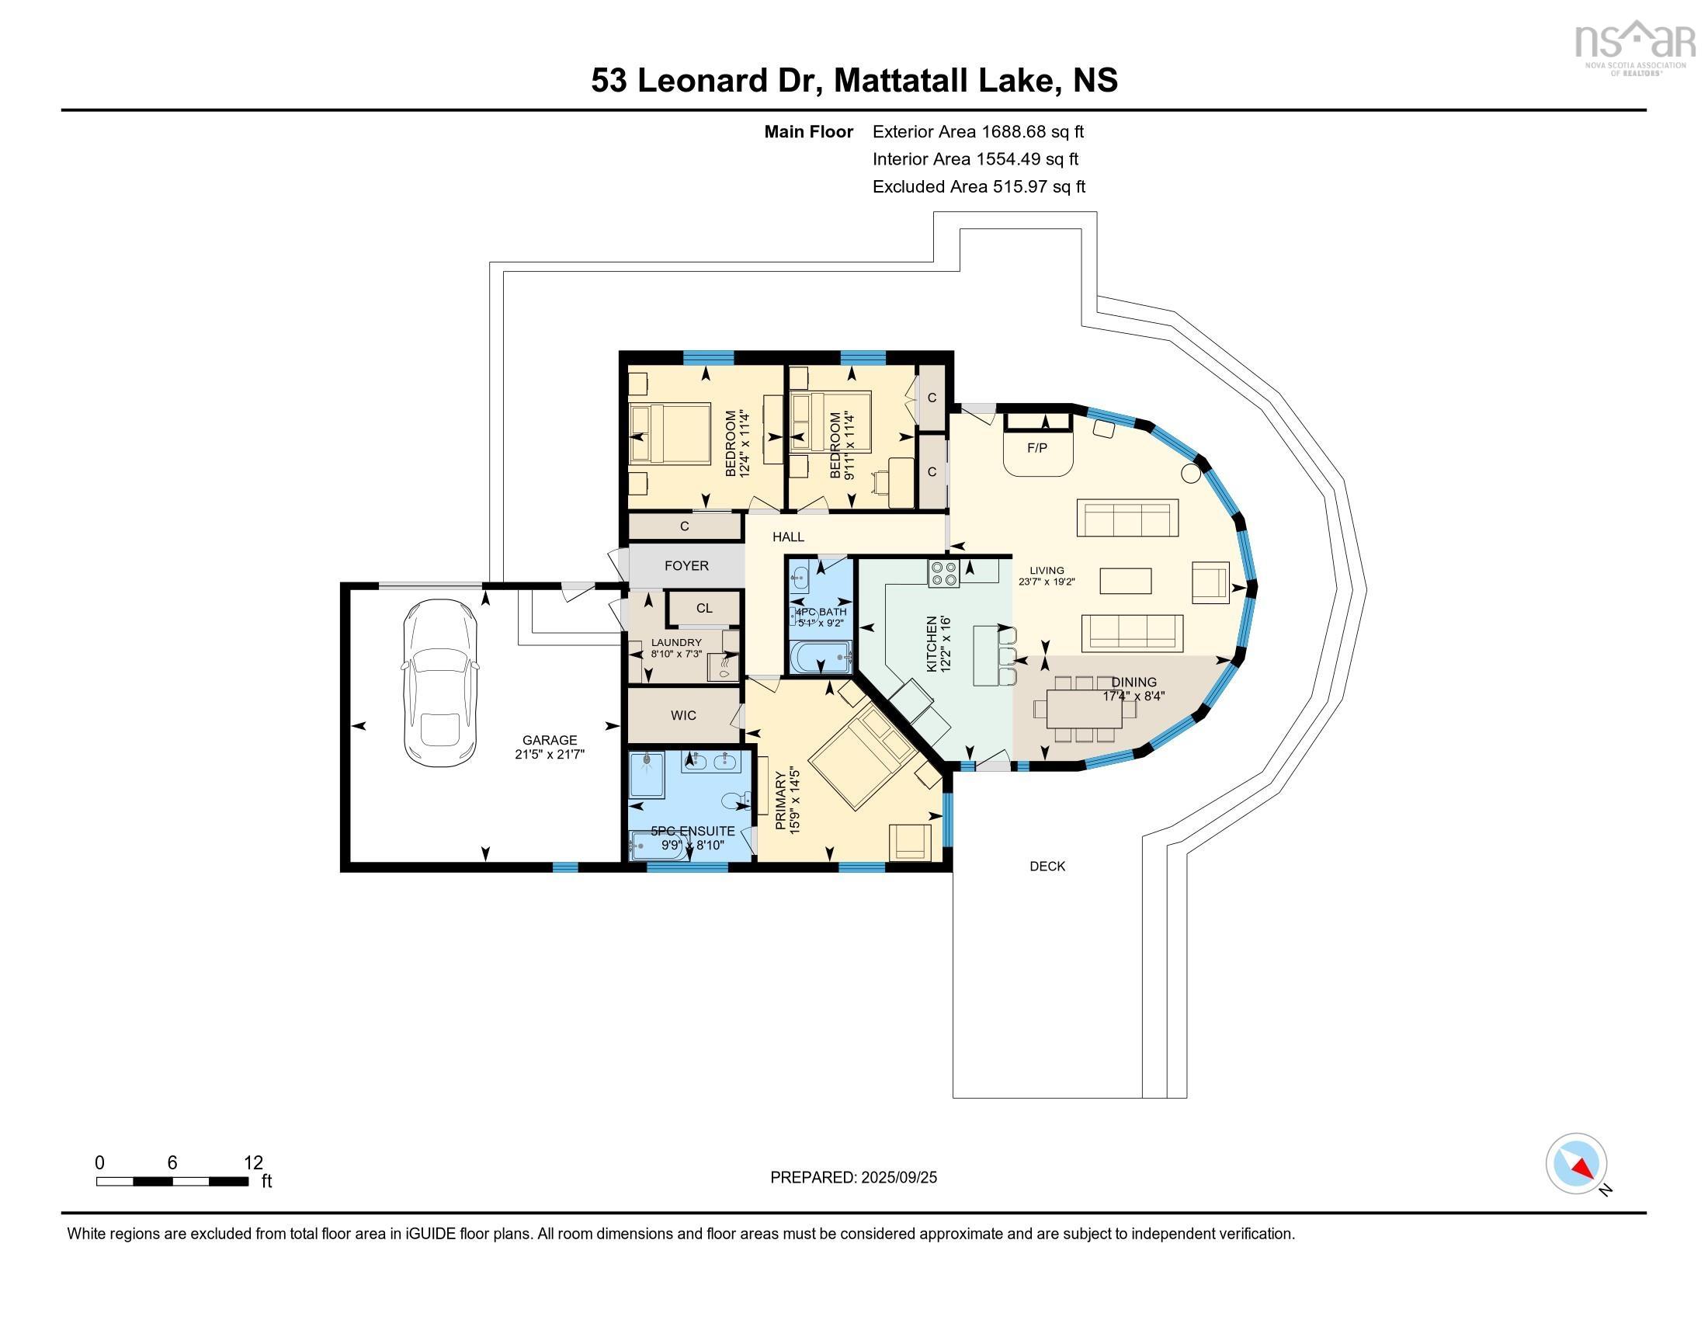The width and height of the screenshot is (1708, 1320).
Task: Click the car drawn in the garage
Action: [439, 683]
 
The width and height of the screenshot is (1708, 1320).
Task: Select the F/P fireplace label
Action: [1037, 448]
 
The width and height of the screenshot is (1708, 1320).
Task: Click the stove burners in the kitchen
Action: [944, 574]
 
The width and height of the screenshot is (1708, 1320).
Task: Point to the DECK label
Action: [1047, 866]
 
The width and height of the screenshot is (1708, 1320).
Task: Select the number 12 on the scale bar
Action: [252, 1163]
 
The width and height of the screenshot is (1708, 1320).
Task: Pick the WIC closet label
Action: [682, 714]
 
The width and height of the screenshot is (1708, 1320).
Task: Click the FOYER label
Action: [686, 565]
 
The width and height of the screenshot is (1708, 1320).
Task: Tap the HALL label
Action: [788, 537]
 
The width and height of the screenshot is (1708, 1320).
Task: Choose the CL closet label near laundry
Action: [704, 608]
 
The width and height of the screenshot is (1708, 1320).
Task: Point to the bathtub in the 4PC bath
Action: [820, 657]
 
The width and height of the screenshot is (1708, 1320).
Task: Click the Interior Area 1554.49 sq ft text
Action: [975, 158]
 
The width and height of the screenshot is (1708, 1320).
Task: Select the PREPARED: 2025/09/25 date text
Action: [853, 1177]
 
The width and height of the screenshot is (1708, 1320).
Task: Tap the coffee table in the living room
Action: [1126, 581]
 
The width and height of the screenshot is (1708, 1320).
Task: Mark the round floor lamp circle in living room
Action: [1190, 472]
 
